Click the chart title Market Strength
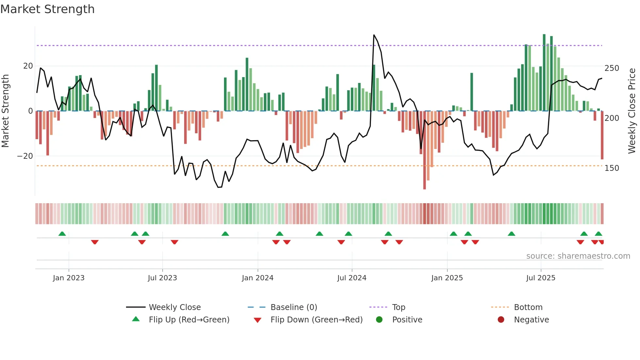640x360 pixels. pyautogui.click(x=47, y=9)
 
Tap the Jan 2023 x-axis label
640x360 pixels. pyautogui.click(x=69, y=278)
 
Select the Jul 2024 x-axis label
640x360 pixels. pyautogui.click(x=352, y=278)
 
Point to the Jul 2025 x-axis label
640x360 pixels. pyautogui.click(x=541, y=278)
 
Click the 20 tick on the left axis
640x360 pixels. pyautogui.click(x=28, y=66)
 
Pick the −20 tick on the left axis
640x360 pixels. pyautogui.click(x=25, y=156)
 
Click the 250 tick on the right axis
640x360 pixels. pyautogui.click(x=612, y=68)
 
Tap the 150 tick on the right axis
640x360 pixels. pyautogui.click(x=612, y=168)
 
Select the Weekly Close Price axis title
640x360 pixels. pyautogui.click(x=632, y=111)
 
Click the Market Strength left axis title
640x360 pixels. pyautogui.click(x=6, y=111)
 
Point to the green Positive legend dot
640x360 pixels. pyautogui.click(x=379, y=320)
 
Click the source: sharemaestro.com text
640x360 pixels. pyautogui.click(x=578, y=256)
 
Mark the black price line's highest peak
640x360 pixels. pyautogui.click(x=374, y=35)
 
